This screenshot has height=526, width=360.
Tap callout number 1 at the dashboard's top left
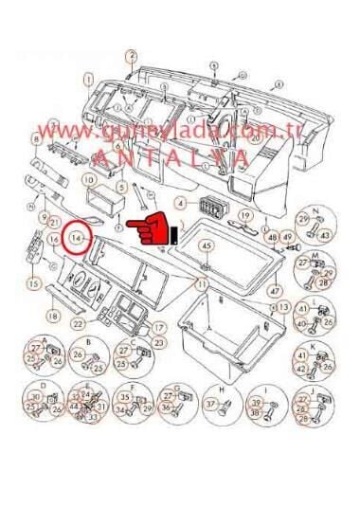click(88, 81)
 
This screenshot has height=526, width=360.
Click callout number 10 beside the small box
click(88, 179)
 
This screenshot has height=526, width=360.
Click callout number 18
click(53, 316)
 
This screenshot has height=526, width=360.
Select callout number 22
click(78, 324)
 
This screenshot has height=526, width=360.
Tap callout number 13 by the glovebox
click(283, 308)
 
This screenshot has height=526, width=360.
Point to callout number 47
click(275, 291)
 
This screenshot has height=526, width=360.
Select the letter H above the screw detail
click(220, 390)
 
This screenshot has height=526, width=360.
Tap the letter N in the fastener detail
click(315, 209)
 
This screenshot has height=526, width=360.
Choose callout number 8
click(36, 139)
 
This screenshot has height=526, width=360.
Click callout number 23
click(158, 342)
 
